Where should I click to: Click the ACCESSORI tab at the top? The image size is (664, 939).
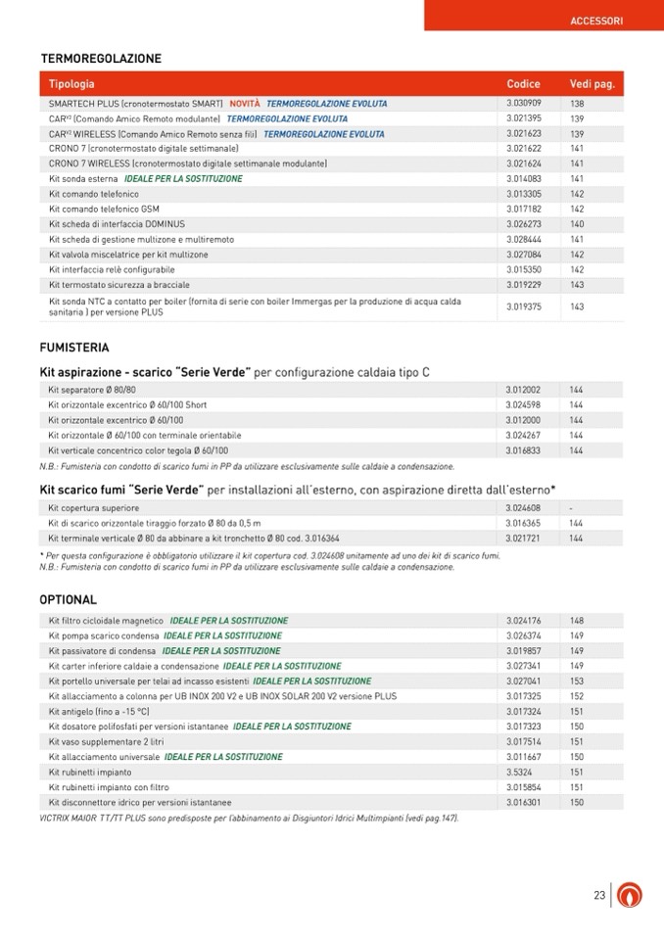pyautogui.click(x=595, y=20)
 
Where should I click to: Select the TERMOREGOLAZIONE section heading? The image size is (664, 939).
pyautogui.click(x=100, y=59)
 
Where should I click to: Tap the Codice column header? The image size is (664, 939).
pyautogui.click(x=523, y=84)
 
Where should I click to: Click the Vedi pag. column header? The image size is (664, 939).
pyautogui.click(x=592, y=84)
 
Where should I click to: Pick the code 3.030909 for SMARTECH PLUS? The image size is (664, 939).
pyautogui.click(x=524, y=104)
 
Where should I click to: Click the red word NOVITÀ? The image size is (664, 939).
pyautogui.click(x=245, y=104)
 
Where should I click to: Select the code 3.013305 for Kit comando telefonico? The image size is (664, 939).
pyautogui.click(x=524, y=194)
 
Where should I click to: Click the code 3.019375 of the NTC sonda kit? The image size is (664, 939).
pyautogui.click(x=524, y=306)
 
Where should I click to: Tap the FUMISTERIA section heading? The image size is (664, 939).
pyautogui.click(x=74, y=348)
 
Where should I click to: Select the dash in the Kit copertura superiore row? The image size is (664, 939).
pyautogui.click(x=571, y=508)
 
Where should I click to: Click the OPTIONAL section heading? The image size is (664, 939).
pyautogui.click(x=69, y=599)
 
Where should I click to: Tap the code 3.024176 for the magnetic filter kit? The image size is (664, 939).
pyautogui.click(x=524, y=621)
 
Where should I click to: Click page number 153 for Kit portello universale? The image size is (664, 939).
pyautogui.click(x=577, y=681)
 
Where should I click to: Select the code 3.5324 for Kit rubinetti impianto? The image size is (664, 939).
pyautogui.click(x=518, y=773)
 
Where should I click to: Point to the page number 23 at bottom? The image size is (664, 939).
pyautogui.click(x=599, y=895)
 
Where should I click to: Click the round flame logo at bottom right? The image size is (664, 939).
pyautogui.click(x=630, y=895)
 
